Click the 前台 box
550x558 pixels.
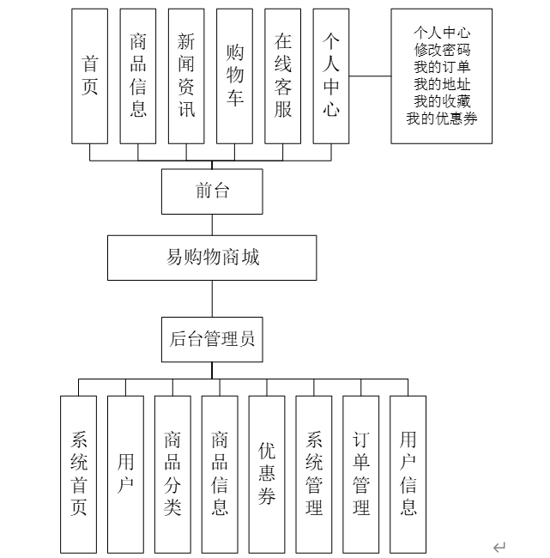point(212,191)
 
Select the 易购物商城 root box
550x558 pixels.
point(212,258)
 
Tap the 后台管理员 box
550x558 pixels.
point(212,339)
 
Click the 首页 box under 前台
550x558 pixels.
point(90,76)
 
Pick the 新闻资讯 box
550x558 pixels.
point(186,76)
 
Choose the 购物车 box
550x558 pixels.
point(234,76)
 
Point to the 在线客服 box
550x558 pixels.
point(283,76)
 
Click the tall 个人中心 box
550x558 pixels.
point(331,76)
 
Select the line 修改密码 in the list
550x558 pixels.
point(442,50)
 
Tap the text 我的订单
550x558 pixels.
point(442,67)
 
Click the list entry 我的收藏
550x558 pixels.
point(442,101)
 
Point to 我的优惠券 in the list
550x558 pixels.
point(442,118)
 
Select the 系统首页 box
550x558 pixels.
point(78,474)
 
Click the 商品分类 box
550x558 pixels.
point(172,474)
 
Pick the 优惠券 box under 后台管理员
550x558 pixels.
point(267,474)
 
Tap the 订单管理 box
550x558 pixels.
point(361,474)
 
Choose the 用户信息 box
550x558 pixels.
point(408,474)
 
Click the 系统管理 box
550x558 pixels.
point(314,474)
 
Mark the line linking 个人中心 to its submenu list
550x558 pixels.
point(370,76)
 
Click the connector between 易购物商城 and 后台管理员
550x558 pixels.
point(212,298)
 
